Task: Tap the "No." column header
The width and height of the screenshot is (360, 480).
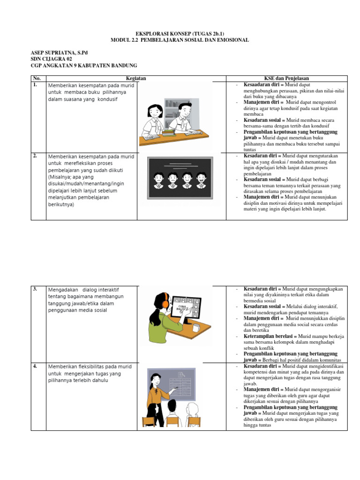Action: click(37, 78)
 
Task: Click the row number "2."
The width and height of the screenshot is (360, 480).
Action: click(36, 156)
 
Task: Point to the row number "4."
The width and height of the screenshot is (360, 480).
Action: click(36, 366)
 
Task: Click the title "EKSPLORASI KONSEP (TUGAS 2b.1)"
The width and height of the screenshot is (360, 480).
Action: click(180, 34)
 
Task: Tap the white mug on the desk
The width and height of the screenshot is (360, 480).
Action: click(196, 327)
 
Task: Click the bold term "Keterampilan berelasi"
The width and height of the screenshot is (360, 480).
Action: click(266, 337)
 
